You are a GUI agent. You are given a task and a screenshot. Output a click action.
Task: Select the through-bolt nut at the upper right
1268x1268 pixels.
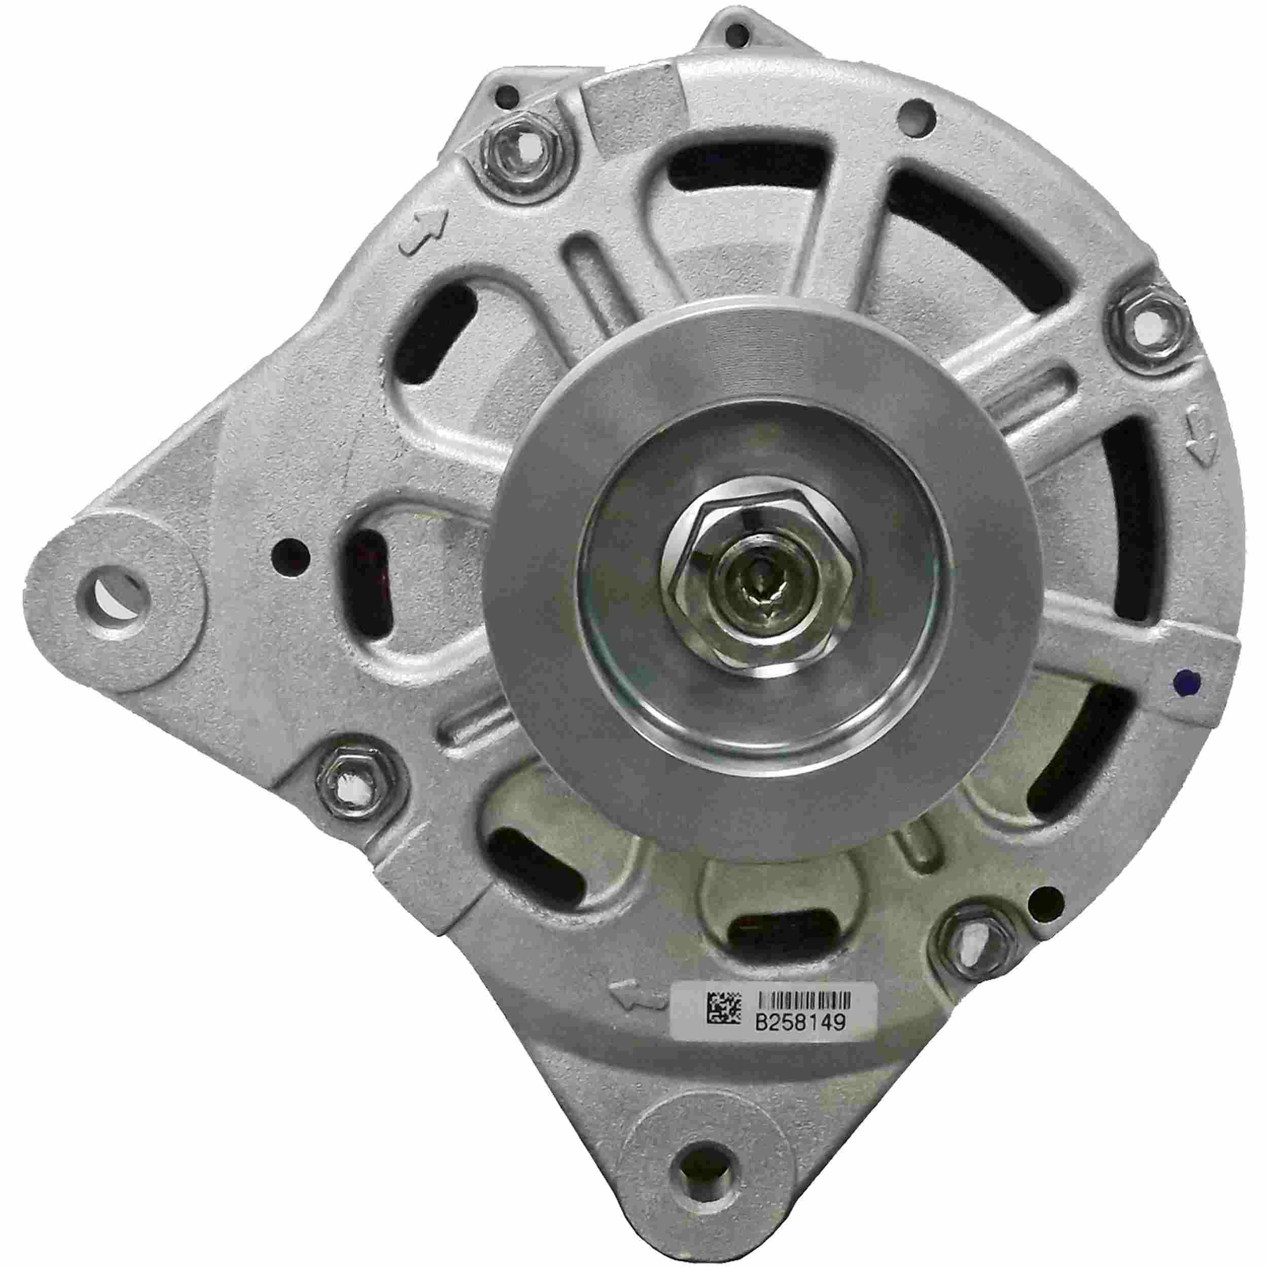(1152, 323)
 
